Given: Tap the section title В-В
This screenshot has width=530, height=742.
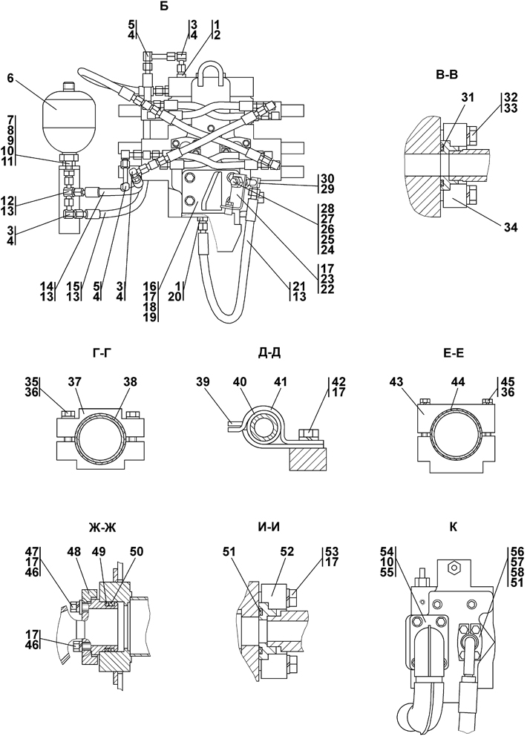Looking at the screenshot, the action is pos(446,75).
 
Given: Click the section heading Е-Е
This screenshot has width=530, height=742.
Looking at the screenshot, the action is pos(452,353).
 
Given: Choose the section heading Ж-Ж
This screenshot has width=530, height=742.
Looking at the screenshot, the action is pos(102,527).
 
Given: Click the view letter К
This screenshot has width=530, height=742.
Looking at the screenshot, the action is pos(453,527).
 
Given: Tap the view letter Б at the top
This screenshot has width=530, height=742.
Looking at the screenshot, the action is pos(165,7).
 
